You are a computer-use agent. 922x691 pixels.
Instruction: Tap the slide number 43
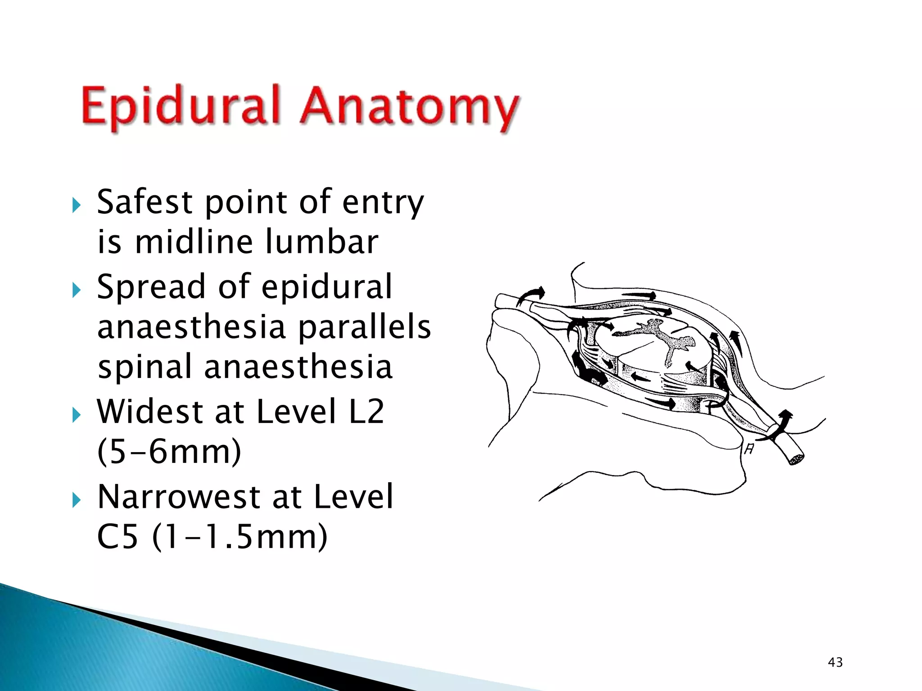pyautogui.click(x=835, y=662)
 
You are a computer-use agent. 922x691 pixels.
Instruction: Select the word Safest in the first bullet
pyautogui.click(x=145, y=202)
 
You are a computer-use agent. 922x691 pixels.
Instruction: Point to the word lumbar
pyautogui.click(x=321, y=242)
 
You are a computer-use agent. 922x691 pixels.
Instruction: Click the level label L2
pyautogui.click(x=366, y=411)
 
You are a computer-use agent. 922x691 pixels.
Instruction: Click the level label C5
pyautogui.click(x=117, y=537)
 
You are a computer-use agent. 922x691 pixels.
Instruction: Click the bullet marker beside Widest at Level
pyautogui.click(x=77, y=415)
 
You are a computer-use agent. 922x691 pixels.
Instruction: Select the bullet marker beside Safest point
pyautogui.click(x=77, y=206)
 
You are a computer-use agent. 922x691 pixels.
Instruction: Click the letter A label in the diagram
pyautogui.click(x=749, y=449)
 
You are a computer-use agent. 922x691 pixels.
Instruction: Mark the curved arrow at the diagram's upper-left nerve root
pyautogui.click(x=531, y=296)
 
